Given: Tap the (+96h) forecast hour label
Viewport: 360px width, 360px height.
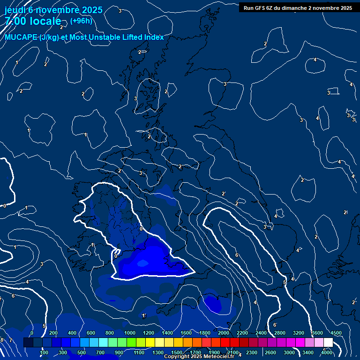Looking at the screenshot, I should click(81, 21).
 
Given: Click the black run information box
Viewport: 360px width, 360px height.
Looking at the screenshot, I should click(298, 7).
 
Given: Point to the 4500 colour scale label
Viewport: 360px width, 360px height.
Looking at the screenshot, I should click(336, 333).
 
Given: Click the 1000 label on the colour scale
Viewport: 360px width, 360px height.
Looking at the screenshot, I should click(129, 333).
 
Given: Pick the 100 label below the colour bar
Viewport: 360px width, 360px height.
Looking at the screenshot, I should click(44, 352).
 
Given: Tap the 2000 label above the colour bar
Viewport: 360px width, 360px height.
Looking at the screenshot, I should click(223, 333).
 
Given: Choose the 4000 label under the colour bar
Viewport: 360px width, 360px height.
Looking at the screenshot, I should click(327, 352).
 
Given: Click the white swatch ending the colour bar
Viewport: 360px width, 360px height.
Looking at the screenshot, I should click(328, 343).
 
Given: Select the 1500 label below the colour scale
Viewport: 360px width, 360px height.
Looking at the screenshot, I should click(177, 352).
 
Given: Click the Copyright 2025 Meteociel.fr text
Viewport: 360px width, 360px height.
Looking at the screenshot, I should click(199, 357).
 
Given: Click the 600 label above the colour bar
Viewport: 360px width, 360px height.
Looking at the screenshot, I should click(90, 333).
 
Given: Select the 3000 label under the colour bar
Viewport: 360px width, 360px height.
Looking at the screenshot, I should click(289, 352).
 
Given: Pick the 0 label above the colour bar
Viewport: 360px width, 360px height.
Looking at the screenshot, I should click(32, 333).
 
